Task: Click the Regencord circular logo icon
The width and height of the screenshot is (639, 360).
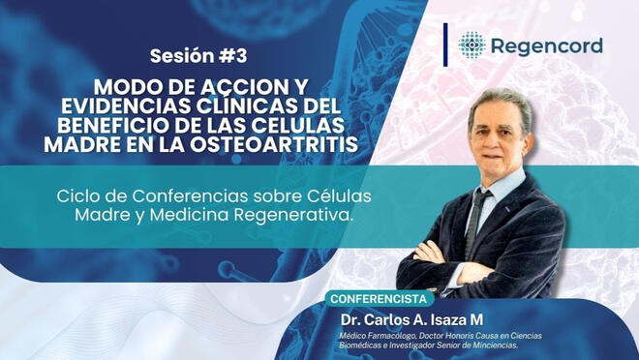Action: pos(472,45)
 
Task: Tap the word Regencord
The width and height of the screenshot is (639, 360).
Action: pos(546,45)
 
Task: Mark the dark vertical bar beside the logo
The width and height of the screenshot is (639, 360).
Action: pos(446,45)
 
